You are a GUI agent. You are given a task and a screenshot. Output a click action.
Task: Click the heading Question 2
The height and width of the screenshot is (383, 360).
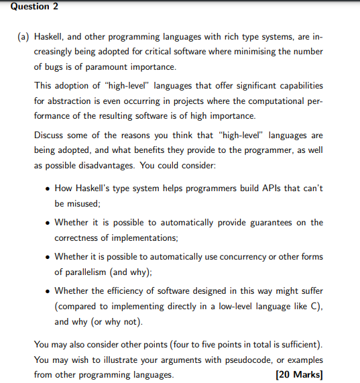point(25,6)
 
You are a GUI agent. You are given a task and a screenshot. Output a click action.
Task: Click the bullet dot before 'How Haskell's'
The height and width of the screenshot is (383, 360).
point(46,188)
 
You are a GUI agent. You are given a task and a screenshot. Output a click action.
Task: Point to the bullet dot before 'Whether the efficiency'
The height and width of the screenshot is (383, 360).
point(46,291)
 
